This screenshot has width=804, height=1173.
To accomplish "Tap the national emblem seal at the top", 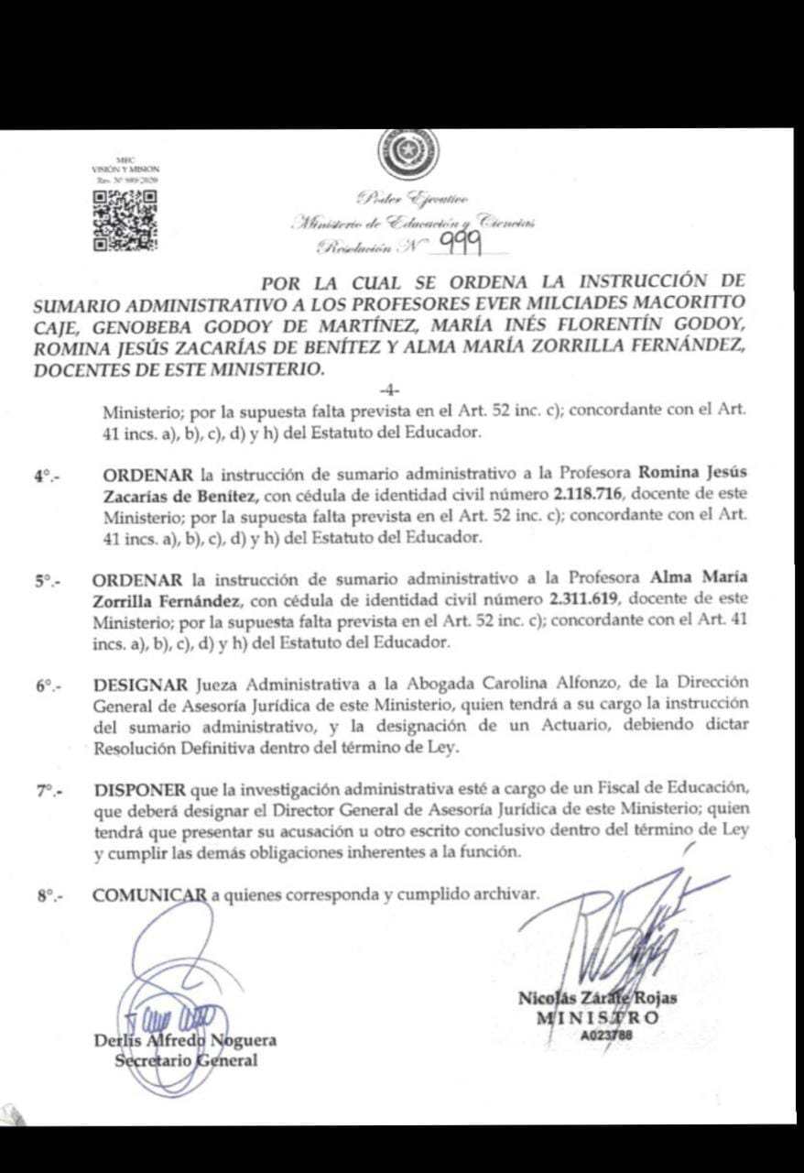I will [x=409, y=152].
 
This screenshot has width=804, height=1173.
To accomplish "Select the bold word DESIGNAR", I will [x=142, y=684].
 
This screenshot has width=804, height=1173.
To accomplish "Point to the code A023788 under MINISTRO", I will [x=606, y=1036].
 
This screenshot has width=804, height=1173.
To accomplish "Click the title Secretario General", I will [x=186, y=1061].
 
